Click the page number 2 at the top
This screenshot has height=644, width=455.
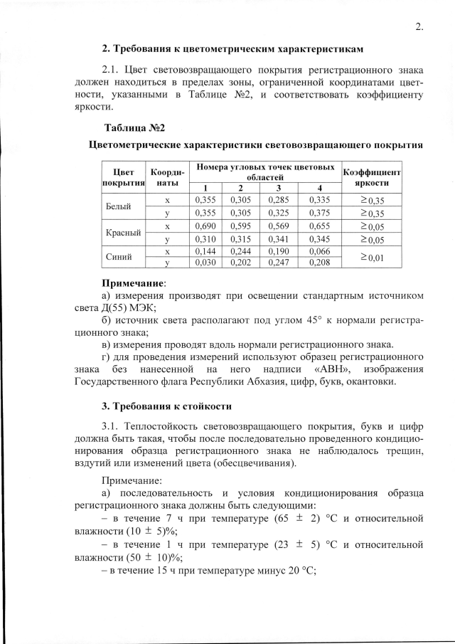coord(419,27)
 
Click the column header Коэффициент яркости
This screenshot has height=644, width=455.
coord(373,176)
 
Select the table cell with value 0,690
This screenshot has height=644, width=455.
coord(205,226)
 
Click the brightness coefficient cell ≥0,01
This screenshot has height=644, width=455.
coord(373,258)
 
